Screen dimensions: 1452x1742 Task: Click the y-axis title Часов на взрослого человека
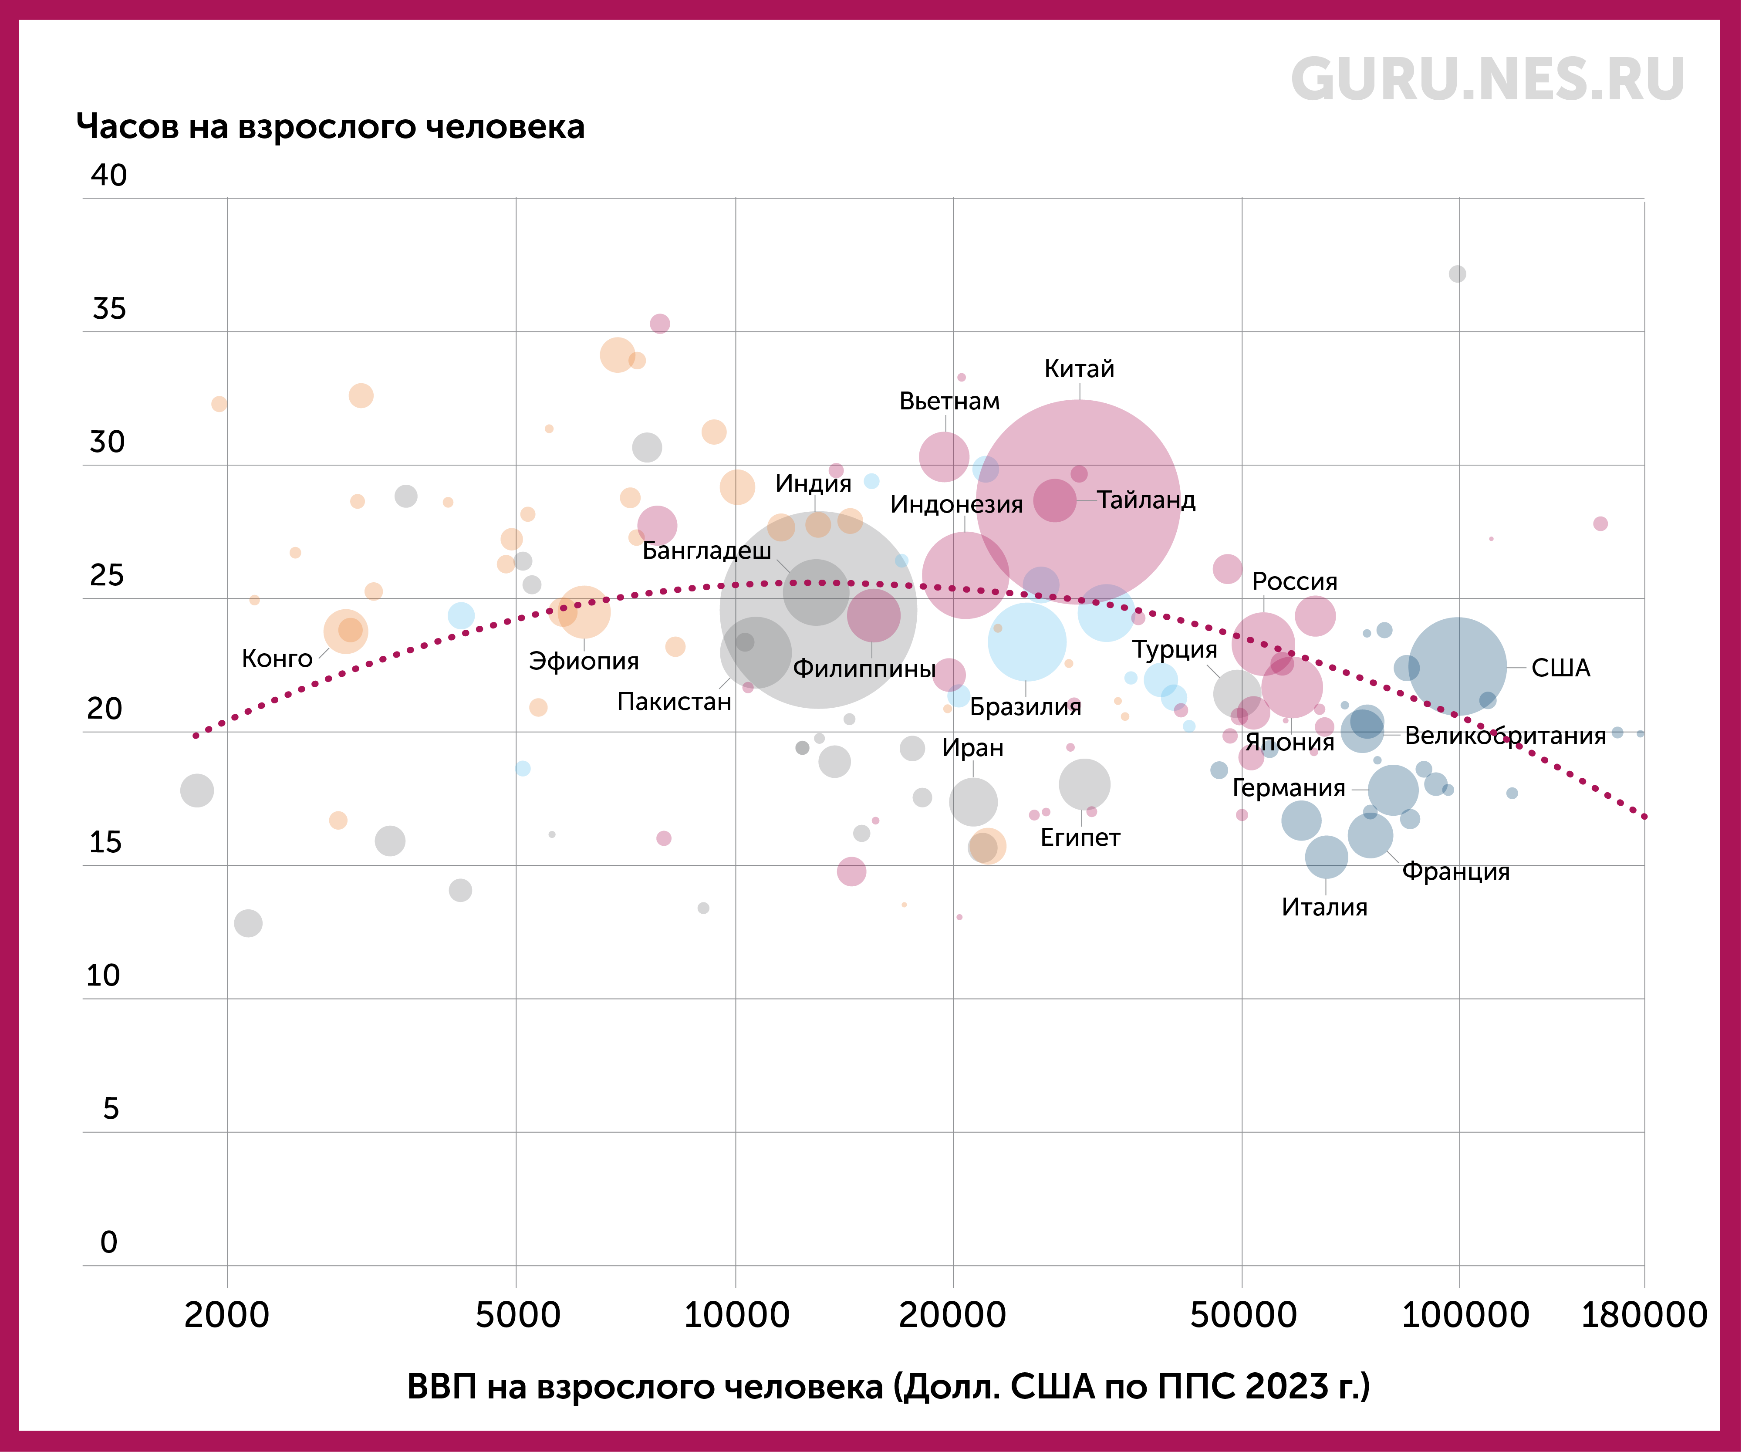pyautogui.click(x=330, y=127)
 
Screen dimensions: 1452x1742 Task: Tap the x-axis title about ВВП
pyautogui.click(x=888, y=1386)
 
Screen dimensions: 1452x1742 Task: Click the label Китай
pyautogui.click(x=1078, y=369)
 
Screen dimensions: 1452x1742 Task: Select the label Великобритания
pyautogui.click(x=1505, y=736)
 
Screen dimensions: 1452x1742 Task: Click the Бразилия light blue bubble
pyautogui.click(x=1027, y=642)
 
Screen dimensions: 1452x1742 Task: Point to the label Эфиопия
pyautogui.click(x=584, y=661)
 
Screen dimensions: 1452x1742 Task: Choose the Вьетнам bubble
pyautogui.click(x=944, y=456)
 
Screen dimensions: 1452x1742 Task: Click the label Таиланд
pyautogui.click(x=1146, y=500)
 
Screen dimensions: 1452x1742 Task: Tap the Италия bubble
pyautogui.click(x=1327, y=856)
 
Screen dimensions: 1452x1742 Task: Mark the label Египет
pyautogui.click(x=1080, y=838)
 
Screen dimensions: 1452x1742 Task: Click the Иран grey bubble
pyautogui.click(x=973, y=801)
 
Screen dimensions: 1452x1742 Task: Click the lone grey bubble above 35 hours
pyautogui.click(x=1458, y=274)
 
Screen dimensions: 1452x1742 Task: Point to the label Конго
pyautogui.click(x=277, y=659)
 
